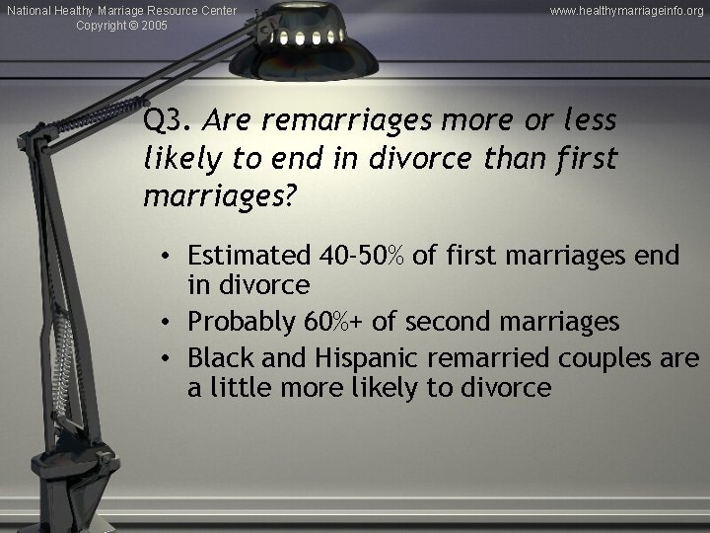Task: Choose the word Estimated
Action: [250, 256]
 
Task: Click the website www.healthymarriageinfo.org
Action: [627, 10]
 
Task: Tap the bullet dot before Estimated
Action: [171, 257]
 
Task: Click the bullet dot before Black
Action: [171, 356]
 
